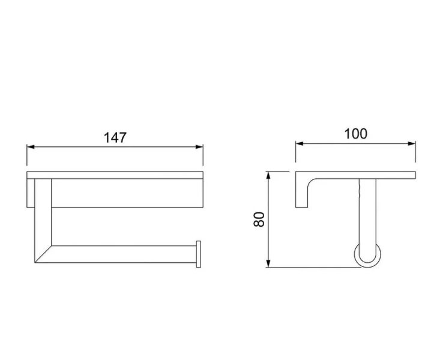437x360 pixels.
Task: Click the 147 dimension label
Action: click(115, 137)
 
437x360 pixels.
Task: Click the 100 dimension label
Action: click(356, 134)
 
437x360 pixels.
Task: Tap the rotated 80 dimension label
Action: click(259, 219)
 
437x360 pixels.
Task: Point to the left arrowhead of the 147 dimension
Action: click(31, 147)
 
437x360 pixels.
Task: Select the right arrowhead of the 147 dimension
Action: click(199, 147)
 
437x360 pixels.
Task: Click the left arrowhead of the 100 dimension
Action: click(300, 144)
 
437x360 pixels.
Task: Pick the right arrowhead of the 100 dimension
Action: click(412, 144)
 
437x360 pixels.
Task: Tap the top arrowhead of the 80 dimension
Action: click(268, 176)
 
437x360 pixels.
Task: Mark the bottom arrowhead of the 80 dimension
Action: click(268, 263)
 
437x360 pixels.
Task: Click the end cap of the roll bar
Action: click(199, 254)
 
